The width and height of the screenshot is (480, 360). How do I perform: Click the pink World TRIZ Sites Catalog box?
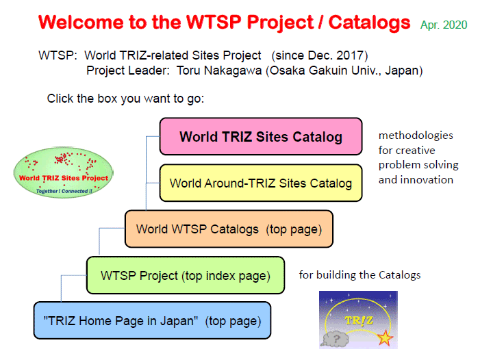tap(261, 136)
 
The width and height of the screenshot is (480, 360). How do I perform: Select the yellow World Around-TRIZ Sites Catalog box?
tap(261, 183)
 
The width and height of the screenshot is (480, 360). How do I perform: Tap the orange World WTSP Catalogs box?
tap(229, 229)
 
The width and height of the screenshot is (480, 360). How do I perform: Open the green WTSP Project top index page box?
tap(186, 275)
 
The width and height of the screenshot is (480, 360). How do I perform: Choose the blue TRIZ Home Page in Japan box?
tap(152, 320)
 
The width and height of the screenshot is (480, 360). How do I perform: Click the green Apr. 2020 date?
tap(444, 25)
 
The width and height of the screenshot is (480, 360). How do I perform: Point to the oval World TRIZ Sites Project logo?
tap(64, 172)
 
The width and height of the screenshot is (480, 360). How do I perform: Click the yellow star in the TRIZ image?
tap(385, 338)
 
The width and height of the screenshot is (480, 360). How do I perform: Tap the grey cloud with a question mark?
tap(336, 339)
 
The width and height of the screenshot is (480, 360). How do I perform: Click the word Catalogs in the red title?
tap(369, 23)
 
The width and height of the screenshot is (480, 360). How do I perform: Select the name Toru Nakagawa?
tap(219, 70)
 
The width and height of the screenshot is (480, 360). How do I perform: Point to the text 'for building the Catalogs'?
tap(359, 275)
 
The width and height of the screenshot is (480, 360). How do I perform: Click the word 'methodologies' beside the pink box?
tap(416, 136)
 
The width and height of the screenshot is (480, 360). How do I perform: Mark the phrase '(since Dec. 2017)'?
tap(320, 55)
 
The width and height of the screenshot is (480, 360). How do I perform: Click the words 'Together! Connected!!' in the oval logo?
tap(64, 191)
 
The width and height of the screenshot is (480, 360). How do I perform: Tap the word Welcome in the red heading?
tap(81, 23)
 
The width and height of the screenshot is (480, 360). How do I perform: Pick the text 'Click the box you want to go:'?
tap(125, 99)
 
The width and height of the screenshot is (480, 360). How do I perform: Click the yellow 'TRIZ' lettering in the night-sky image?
tap(359, 320)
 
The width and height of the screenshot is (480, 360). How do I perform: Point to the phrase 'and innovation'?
tap(416, 179)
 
